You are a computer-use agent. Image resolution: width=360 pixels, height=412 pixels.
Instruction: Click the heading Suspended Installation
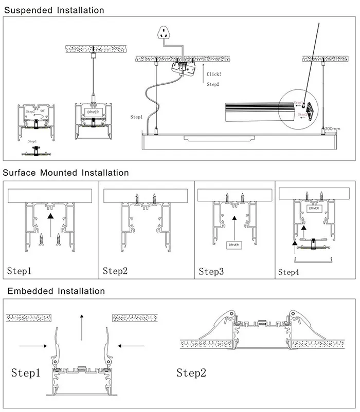point(54,10)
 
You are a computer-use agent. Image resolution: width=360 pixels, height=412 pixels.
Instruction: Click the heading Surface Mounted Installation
point(66,173)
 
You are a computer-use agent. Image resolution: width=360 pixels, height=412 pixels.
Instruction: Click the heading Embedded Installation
point(56,291)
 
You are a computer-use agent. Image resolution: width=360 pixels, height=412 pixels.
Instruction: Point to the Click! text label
point(213,74)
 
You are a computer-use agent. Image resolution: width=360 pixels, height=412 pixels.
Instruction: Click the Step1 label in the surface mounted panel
point(20,270)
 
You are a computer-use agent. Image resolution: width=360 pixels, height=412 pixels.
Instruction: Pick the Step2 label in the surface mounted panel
point(116,270)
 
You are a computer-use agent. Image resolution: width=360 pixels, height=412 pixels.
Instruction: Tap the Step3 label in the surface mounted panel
point(211,271)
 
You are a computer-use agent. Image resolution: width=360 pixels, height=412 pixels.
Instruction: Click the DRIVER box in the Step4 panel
point(313,209)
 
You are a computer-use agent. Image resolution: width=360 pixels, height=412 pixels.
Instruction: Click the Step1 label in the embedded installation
point(26,372)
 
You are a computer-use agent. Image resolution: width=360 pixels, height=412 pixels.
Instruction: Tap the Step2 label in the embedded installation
point(191,372)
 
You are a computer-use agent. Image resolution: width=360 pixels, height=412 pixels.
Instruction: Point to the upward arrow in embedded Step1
point(81,325)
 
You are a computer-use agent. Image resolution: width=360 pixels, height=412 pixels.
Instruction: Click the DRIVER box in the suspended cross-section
point(93,111)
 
